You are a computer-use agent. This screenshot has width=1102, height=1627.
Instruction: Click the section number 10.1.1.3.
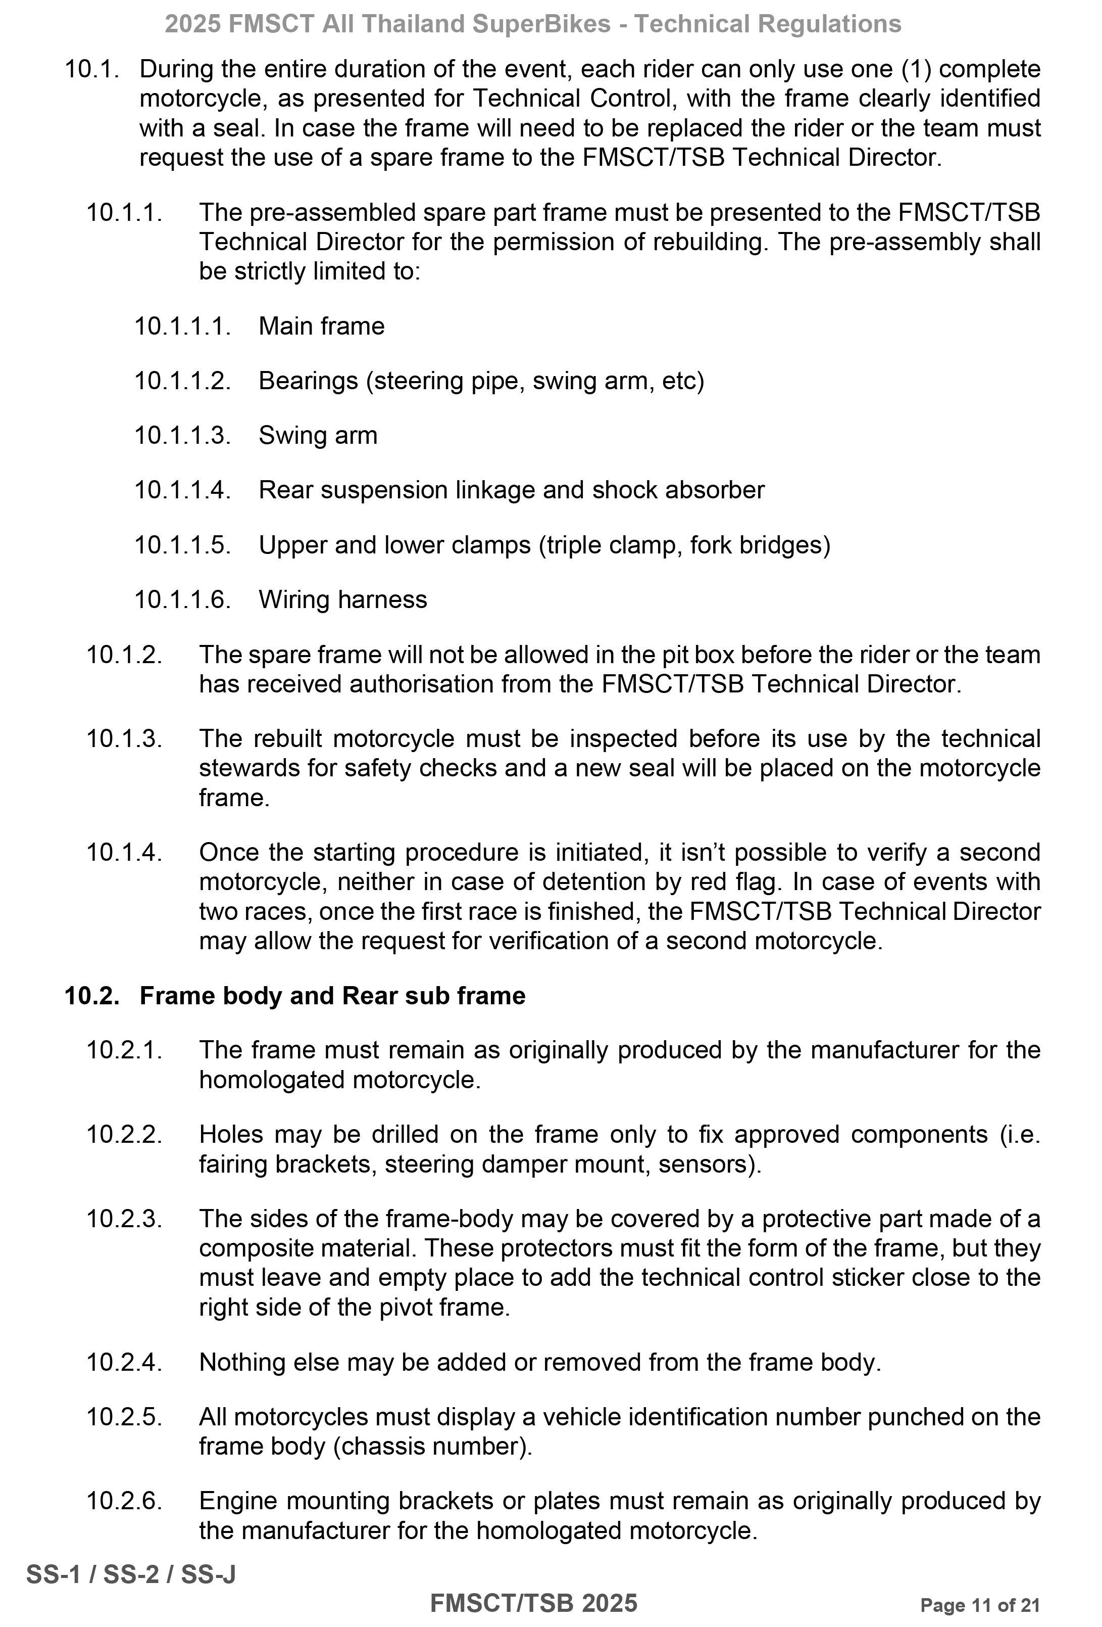(x=182, y=436)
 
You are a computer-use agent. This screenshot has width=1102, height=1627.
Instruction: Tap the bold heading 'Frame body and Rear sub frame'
(x=332, y=996)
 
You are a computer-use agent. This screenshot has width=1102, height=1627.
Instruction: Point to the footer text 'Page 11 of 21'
(x=980, y=1605)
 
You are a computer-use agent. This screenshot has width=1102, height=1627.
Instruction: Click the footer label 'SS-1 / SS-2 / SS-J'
(x=131, y=1574)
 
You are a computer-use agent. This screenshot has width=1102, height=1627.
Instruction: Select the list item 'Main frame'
(x=321, y=326)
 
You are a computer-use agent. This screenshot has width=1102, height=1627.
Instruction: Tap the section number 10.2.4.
(x=124, y=1362)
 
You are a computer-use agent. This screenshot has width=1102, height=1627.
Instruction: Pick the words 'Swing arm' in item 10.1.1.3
(x=318, y=436)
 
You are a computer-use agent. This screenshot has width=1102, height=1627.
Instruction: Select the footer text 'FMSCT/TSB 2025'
(x=533, y=1603)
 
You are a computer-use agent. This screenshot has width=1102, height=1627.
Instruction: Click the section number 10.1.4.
(x=124, y=853)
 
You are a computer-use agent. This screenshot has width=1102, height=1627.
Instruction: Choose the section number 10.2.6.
(x=124, y=1501)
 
